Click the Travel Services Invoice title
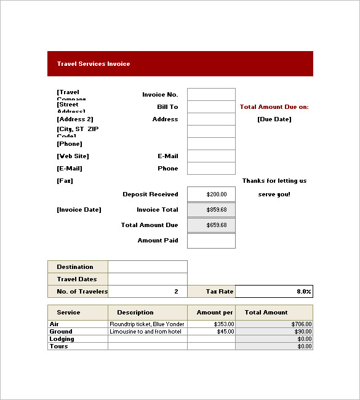pos(94,64)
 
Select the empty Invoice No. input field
pos(211,94)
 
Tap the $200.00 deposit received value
pos(211,194)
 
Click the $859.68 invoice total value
pos(211,210)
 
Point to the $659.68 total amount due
pos(211,225)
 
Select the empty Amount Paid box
pos(211,241)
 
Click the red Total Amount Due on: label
pos(274,107)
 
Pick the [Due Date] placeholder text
pos(274,119)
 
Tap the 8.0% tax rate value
pos(274,292)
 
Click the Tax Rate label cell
pos(211,292)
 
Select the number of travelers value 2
pos(148,292)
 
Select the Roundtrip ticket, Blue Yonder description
pos(146,324)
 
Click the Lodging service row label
pos(62,339)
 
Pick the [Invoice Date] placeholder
pos(79,210)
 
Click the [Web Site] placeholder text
pos(73,156)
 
